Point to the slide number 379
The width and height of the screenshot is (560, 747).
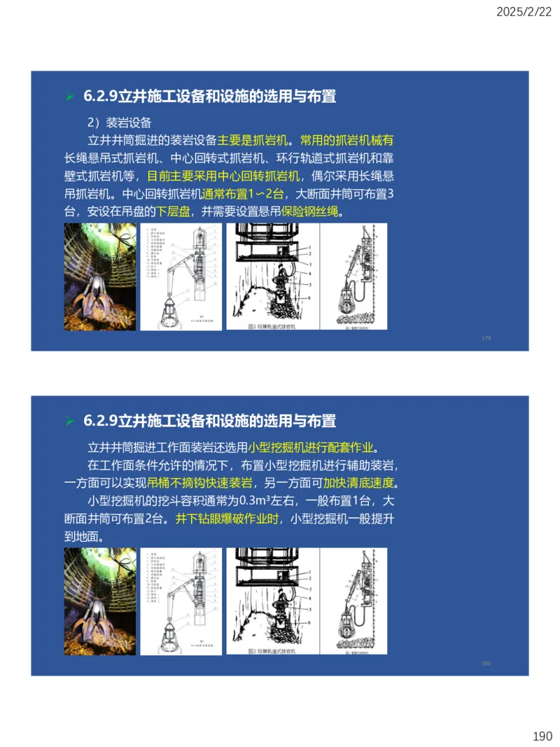[486, 338]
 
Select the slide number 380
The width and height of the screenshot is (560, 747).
[486, 663]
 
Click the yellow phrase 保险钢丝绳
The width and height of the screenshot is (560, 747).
[309, 211]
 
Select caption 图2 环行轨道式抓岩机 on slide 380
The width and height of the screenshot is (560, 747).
[273, 650]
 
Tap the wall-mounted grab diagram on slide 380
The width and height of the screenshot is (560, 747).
[353, 601]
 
